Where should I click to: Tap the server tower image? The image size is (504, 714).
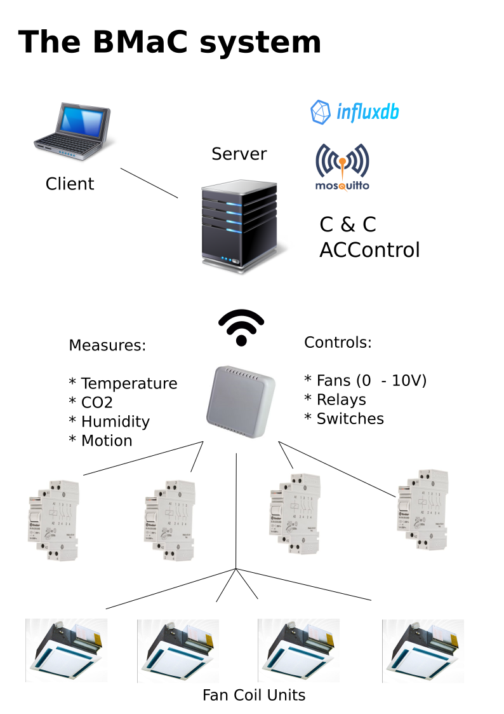coord(240,225)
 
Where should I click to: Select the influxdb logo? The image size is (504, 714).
coord(354,113)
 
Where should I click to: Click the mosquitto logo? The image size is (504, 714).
coord(342,167)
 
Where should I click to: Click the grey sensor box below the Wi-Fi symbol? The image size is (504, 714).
coord(241,402)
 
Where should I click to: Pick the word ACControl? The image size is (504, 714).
coord(369,250)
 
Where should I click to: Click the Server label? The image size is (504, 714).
coord(239,154)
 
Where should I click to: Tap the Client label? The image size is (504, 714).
coord(70,184)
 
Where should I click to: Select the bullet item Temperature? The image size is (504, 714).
coord(123,384)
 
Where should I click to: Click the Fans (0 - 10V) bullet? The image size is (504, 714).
coord(366,381)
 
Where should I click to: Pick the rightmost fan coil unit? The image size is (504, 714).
coord(423,650)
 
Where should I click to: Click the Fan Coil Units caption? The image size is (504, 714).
coord(254,695)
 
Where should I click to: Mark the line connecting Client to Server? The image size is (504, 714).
coord(149,183)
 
